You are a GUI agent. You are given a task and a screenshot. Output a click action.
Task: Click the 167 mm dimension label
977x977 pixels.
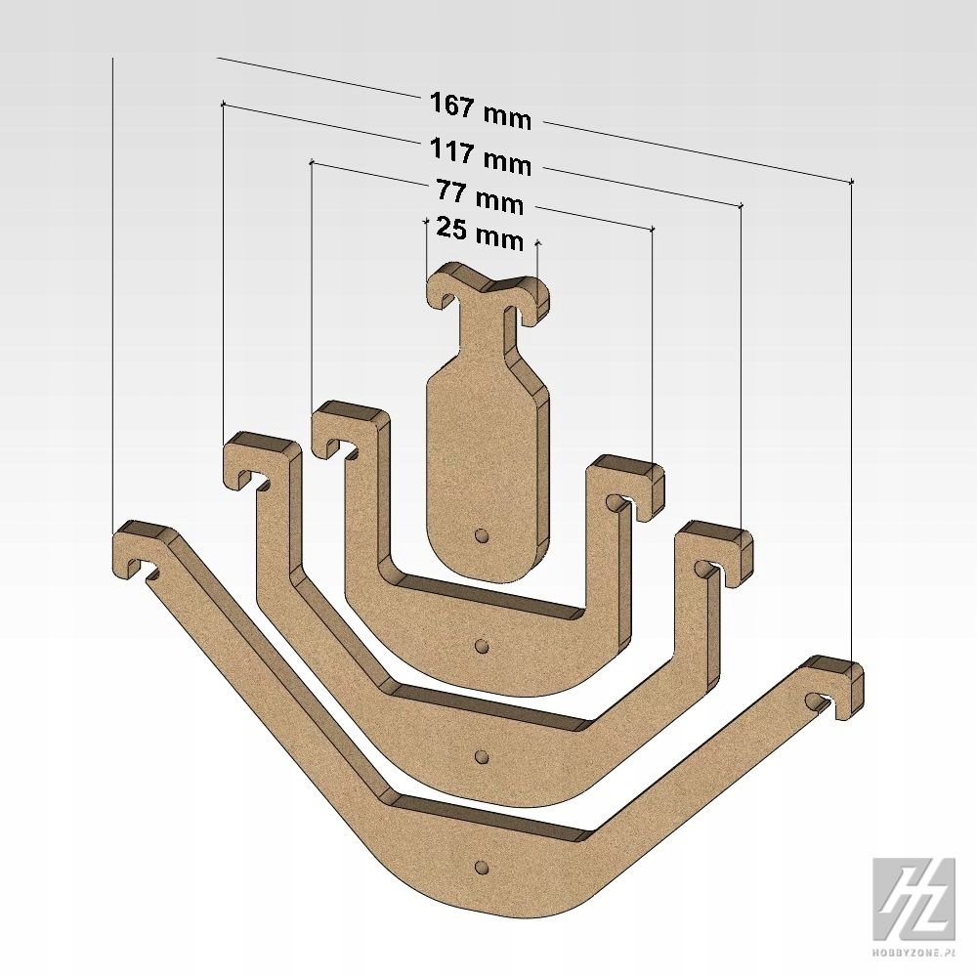coord(481,111)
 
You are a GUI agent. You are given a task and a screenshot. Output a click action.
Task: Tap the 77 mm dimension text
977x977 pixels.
coord(480,196)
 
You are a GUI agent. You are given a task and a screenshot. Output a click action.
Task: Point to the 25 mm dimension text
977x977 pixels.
coord(480,234)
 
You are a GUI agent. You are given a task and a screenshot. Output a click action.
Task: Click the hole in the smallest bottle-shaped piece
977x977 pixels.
coord(481,535)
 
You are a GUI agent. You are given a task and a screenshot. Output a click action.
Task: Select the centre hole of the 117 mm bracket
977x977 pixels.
coord(481,756)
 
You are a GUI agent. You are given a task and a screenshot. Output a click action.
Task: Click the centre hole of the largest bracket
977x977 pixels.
coord(481,867)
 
